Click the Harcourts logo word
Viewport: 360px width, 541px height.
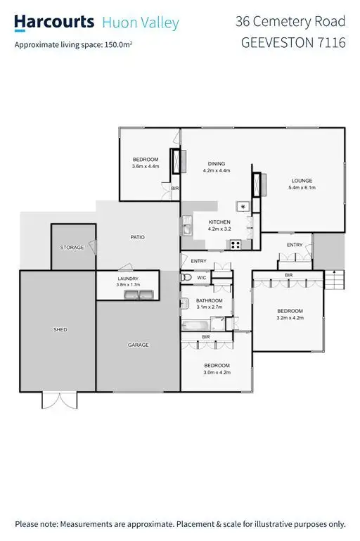click(55, 23)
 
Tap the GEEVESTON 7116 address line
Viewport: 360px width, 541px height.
click(293, 42)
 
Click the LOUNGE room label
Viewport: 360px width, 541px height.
click(302, 181)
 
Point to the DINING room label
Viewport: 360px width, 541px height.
click(216, 164)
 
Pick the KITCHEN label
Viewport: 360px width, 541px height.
click(219, 222)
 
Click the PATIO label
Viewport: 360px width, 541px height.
click(137, 237)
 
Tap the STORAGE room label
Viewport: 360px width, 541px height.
click(72, 248)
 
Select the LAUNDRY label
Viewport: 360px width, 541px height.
click(128, 279)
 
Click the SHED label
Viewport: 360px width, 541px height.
click(60, 329)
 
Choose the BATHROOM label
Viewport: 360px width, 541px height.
click(209, 300)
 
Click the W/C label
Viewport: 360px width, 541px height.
click(202, 278)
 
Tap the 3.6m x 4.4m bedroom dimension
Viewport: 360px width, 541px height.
click(146, 167)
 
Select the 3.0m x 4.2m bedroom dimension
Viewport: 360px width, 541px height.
click(217, 372)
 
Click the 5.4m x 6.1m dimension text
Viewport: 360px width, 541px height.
click(302, 188)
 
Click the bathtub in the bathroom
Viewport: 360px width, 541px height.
click(198, 326)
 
